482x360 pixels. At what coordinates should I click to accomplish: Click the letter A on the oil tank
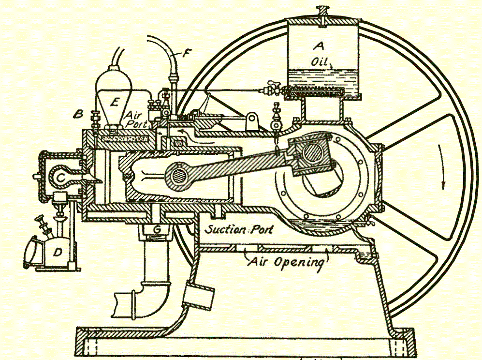318,46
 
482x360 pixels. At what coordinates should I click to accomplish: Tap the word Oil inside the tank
318,62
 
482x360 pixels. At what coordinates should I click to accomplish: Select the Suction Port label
239,229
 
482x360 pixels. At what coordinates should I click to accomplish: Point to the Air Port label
136,119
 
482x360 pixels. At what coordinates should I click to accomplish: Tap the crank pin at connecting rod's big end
313,155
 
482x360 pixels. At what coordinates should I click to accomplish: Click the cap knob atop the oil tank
321,10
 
